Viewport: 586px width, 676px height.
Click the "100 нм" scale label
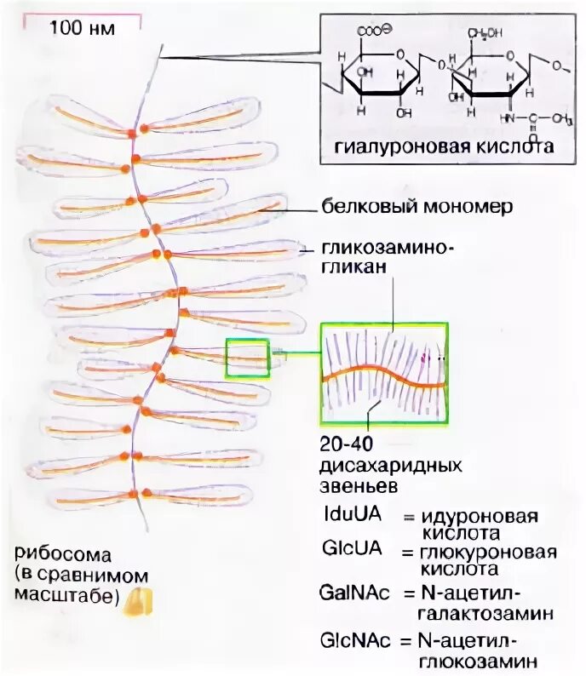coord(82,27)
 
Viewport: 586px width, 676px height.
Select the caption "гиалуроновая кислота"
coord(438,146)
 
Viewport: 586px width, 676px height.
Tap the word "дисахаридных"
coord(391,467)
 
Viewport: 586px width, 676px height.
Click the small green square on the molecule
coord(247,358)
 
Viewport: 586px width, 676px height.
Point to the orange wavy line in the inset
coord(383,375)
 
